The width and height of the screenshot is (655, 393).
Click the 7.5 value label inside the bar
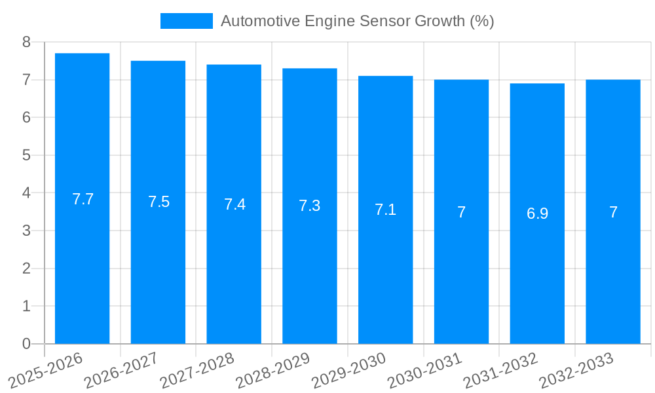(x=159, y=202)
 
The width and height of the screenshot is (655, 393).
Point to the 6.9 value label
(x=537, y=214)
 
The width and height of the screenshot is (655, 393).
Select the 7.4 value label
(x=234, y=204)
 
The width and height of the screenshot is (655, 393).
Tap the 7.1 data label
(x=385, y=210)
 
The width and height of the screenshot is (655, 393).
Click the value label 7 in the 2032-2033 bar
(x=613, y=212)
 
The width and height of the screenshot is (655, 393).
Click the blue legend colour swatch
(x=187, y=21)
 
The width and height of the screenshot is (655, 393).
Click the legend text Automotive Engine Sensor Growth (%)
(x=357, y=21)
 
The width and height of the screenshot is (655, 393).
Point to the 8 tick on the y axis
(x=26, y=42)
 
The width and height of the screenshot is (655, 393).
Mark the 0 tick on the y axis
(x=26, y=344)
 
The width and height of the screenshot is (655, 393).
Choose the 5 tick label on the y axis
(x=26, y=155)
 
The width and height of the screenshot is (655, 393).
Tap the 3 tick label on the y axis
(x=26, y=231)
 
